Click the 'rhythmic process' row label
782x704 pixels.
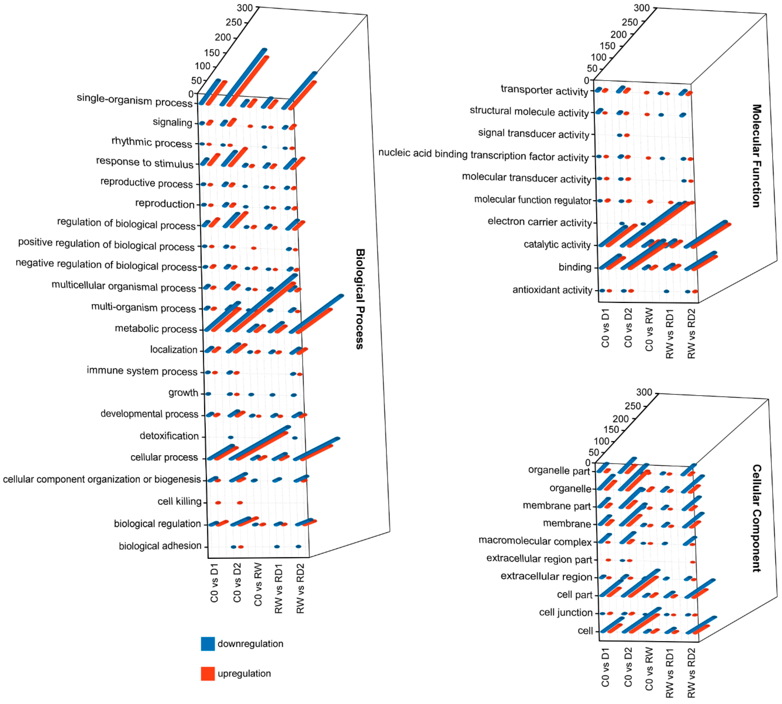coord(152,142)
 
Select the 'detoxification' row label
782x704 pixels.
coord(169,436)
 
